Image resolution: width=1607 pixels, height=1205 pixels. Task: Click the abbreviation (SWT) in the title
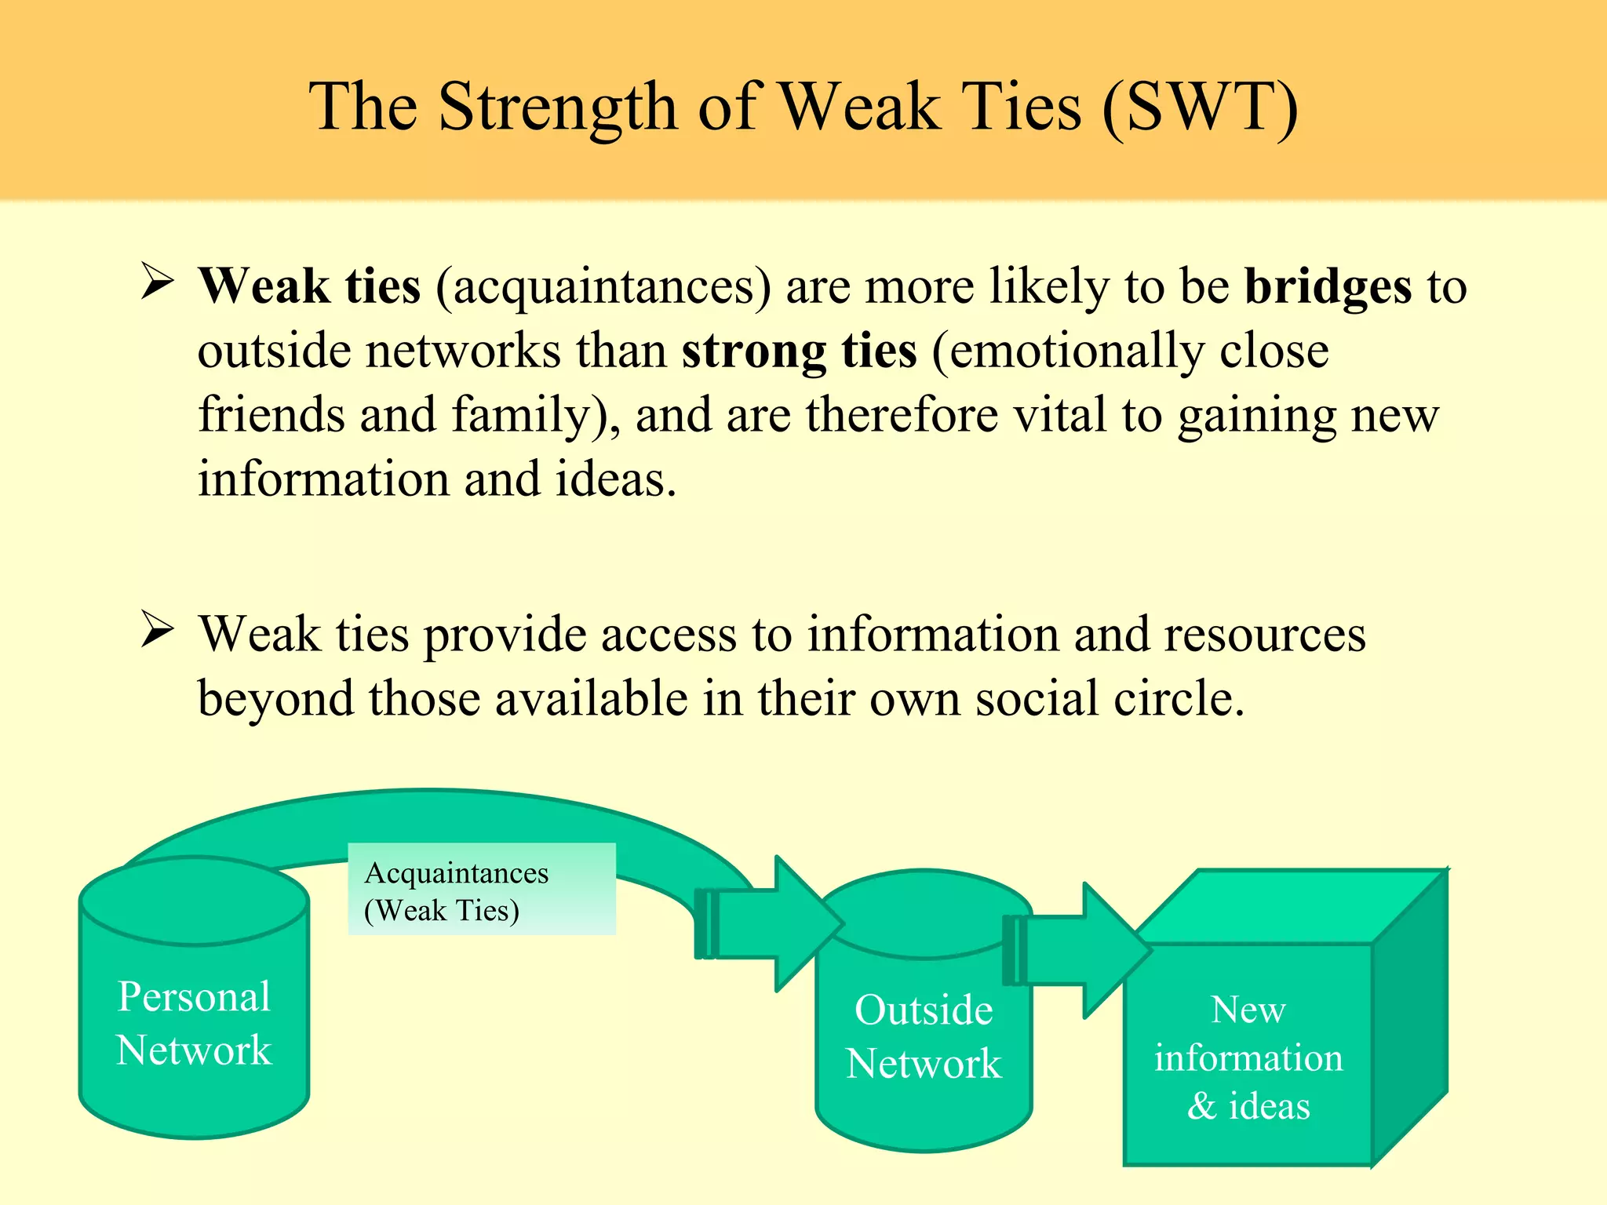click(x=1201, y=107)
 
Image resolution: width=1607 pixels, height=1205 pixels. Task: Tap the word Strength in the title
click(x=557, y=107)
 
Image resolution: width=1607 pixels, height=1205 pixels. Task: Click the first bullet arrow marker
click(x=157, y=282)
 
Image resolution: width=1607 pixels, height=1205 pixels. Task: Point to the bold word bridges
click(x=1328, y=286)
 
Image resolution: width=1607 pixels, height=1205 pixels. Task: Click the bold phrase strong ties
click(x=799, y=351)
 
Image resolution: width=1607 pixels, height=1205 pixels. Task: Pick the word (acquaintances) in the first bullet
click(x=603, y=287)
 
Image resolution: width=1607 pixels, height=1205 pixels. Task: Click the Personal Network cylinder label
click(x=194, y=1023)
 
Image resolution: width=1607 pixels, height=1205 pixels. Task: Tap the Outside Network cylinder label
click(x=924, y=1036)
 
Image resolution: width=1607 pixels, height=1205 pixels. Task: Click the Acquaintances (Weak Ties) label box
click(x=481, y=890)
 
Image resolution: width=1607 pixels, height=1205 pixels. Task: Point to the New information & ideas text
click(x=1248, y=1057)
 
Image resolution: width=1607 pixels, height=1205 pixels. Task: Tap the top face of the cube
click(x=1287, y=907)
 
